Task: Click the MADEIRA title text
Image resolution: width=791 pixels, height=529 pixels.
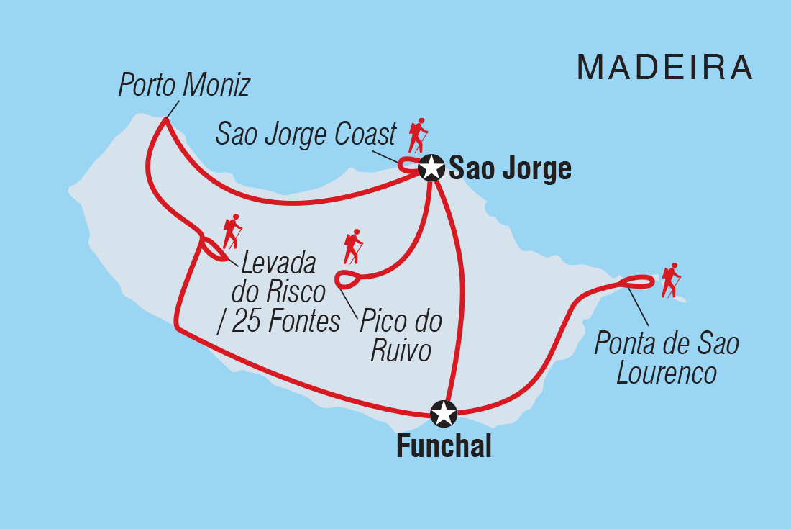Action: [x=665, y=68]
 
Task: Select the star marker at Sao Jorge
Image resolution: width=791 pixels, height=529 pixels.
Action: [x=431, y=168]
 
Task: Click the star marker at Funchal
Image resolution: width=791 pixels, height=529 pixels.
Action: [x=443, y=414]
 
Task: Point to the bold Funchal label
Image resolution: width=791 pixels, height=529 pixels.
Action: [x=444, y=447]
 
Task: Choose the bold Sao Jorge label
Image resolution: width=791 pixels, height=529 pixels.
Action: [x=510, y=169]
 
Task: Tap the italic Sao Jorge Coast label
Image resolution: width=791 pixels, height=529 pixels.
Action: [x=306, y=135]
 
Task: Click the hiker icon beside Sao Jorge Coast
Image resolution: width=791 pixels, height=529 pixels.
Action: [x=418, y=135]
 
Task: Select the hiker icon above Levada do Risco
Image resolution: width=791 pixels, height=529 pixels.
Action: [x=232, y=231]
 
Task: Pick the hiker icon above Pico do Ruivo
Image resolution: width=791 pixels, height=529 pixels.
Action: [x=353, y=247]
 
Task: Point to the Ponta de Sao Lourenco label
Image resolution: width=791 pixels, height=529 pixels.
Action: [x=666, y=358]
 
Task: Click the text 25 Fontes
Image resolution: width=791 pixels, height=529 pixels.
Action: [x=288, y=322]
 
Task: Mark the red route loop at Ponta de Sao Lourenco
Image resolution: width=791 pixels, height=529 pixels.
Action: [x=638, y=281]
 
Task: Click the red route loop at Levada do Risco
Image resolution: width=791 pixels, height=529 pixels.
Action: [x=214, y=249]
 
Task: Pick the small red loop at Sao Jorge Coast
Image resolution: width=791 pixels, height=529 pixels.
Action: [x=410, y=165]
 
